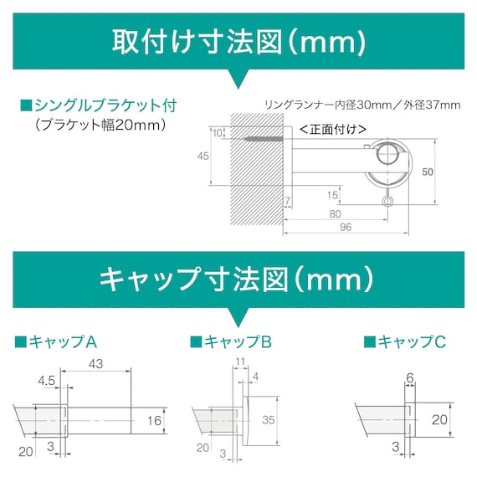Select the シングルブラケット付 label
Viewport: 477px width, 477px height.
coord(105,105)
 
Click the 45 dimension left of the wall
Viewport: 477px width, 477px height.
coord(203,156)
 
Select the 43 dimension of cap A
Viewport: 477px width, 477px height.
coord(95,364)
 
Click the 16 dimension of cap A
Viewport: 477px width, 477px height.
coord(153,420)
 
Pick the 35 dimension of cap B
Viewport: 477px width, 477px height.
coord(267,420)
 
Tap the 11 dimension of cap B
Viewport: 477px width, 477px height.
coord(240,362)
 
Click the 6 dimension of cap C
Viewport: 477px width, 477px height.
coord(410,378)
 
